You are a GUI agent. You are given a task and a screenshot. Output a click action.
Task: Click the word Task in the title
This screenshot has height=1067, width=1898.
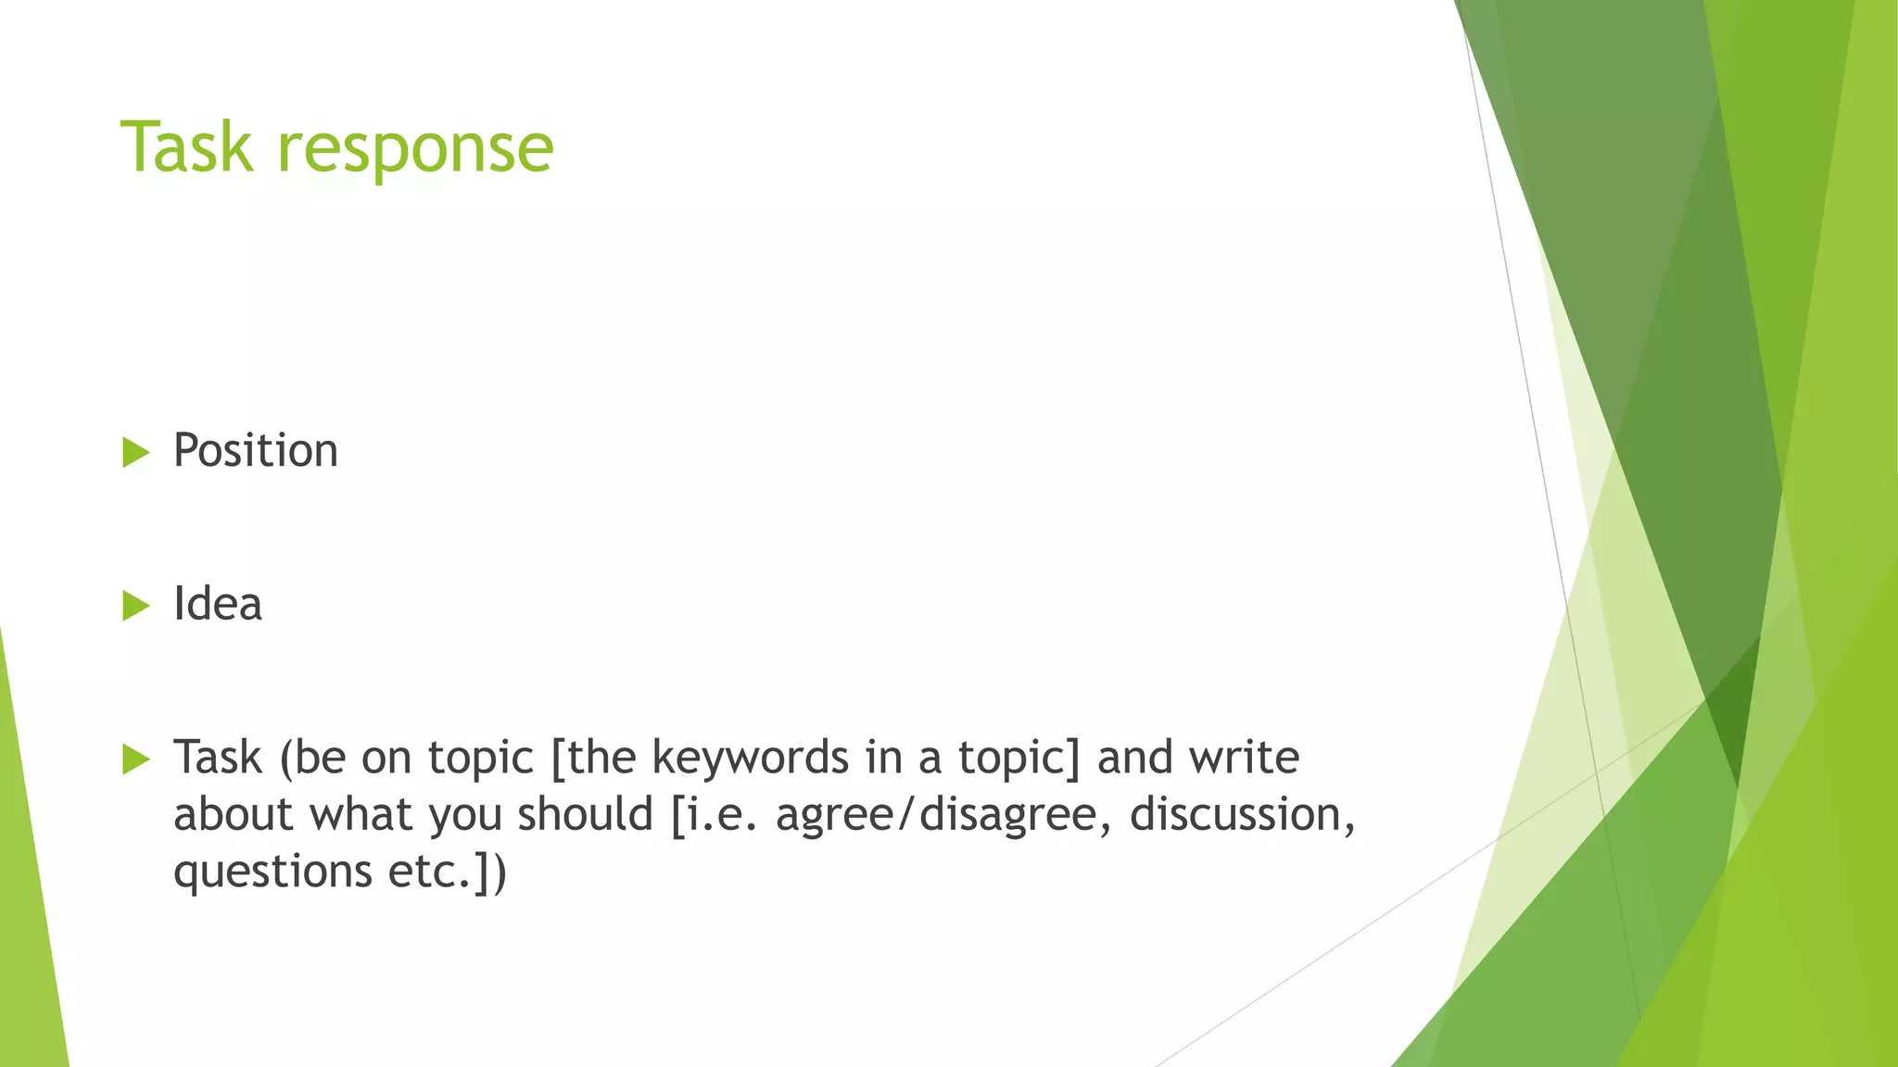click(186, 148)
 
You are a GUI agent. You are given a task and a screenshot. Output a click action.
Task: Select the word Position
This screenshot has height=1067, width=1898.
click(256, 451)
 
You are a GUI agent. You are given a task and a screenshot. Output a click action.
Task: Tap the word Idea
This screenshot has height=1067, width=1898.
click(218, 605)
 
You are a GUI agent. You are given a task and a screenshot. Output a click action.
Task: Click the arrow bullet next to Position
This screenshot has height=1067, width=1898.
click(135, 453)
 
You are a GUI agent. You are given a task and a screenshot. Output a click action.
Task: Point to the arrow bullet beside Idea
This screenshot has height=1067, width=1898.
click(135, 607)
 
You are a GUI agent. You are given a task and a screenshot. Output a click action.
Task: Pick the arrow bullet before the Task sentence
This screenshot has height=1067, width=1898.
click(135, 760)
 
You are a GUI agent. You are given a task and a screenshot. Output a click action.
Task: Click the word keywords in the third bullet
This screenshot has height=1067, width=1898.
click(750, 759)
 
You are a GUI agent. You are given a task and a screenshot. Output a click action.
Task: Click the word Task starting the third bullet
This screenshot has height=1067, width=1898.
click(218, 758)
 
